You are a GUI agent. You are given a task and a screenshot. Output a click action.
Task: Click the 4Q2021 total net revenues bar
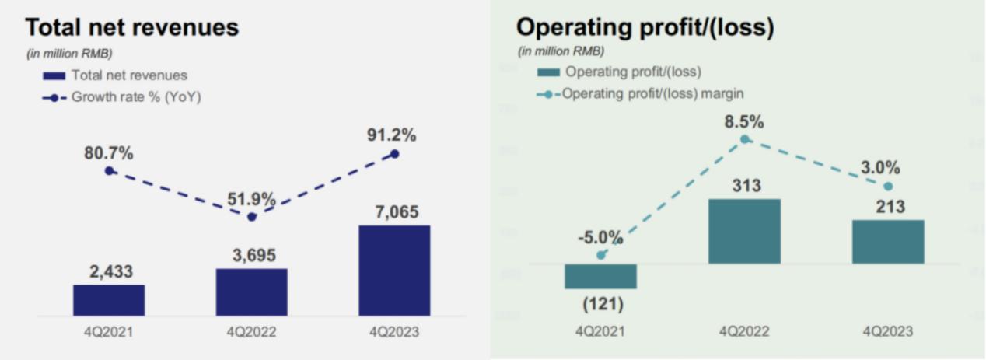[109, 300]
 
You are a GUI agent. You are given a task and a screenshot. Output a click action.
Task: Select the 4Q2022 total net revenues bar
[251, 292]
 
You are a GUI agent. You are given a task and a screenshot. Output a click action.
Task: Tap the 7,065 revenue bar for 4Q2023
[394, 271]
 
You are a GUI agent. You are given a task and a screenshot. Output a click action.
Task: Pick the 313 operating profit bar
[744, 231]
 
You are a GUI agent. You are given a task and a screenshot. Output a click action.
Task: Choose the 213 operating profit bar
[888, 242]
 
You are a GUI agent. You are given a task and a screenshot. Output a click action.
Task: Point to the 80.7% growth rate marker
[109, 170]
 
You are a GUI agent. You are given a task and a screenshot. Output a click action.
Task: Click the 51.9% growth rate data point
[251, 217]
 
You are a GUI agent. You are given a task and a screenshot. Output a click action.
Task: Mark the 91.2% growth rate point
[394, 154]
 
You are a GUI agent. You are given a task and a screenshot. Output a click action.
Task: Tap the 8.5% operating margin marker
[744, 138]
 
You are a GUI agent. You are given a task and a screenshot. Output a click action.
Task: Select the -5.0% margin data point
[600, 254]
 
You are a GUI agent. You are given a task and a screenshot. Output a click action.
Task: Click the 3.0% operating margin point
[888, 187]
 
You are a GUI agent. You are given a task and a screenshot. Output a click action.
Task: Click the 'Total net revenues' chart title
[132, 28]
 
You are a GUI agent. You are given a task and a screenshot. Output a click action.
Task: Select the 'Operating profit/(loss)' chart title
[645, 28]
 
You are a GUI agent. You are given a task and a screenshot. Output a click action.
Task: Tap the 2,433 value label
[109, 272]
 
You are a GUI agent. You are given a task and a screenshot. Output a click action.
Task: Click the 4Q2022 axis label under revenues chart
[251, 332]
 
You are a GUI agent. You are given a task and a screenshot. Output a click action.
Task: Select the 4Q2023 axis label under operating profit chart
[888, 332]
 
